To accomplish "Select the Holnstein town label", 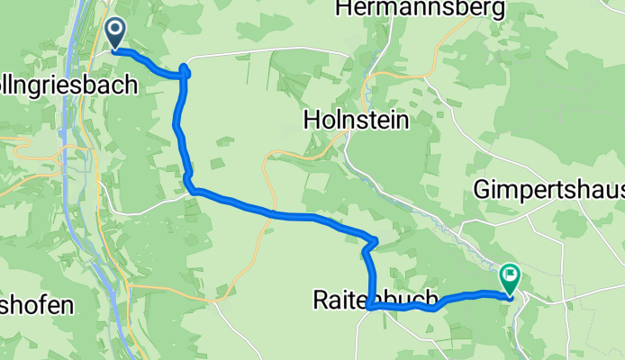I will (356, 119).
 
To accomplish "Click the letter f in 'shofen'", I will (43, 306).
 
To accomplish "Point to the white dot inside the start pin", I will (117, 29).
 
